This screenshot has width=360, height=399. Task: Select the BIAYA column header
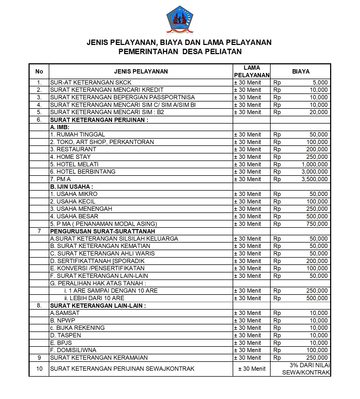pyautogui.click(x=300, y=71)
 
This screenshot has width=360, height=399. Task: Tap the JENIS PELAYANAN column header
pyautogui.click(x=141, y=71)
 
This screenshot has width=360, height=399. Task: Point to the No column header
pyautogui.click(x=39, y=71)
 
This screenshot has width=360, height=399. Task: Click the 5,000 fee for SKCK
pyautogui.click(x=320, y=82)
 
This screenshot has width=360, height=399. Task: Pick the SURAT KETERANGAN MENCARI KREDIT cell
pyautogui.click(x=107, y=90)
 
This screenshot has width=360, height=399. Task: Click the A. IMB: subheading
pyautogui.click(x=60, y=127)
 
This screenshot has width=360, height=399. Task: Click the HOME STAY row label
pyautogui.click(x=70, y=157)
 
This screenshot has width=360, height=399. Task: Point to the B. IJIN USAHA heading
pyautogui.click(x=72, y=187)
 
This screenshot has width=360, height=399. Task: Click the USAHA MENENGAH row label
pyautogui.click(x=81, y=209)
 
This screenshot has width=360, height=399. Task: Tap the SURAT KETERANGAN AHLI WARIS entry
pyautogui.click(x=102, y=253)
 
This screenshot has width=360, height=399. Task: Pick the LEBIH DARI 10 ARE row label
pyautogui.click(x=94, y=298)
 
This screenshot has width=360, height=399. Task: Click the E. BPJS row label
pyautogui.click(x=61, y=343)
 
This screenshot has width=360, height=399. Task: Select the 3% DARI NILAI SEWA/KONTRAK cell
pyautogui.click(x=306, y=369)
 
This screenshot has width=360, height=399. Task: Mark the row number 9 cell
pyautogui.click(x=39, y=358)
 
